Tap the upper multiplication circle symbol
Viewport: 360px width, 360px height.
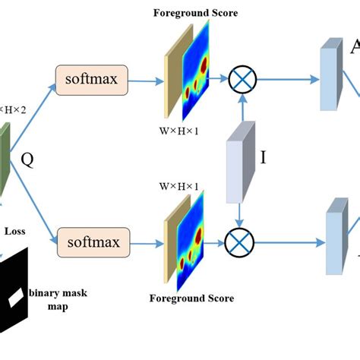(244, 78)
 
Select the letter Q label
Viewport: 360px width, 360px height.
(27, 159)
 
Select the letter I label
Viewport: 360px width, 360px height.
(263, 158)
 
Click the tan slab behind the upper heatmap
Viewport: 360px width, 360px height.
(171, 76)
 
